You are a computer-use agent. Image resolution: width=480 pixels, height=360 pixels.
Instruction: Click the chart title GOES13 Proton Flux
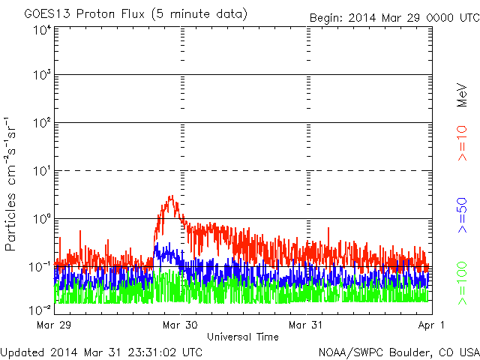coord(84,14)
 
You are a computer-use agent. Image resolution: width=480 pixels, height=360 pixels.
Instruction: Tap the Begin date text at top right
coord(394,18)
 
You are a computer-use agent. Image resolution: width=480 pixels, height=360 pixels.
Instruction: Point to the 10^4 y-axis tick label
coord(42,31)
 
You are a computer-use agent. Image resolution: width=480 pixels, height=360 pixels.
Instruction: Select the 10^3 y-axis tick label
coord(42,75)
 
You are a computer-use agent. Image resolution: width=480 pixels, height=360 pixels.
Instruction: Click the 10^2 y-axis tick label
coord(42,123)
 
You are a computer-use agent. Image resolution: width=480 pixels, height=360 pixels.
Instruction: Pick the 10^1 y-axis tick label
coord(42,171)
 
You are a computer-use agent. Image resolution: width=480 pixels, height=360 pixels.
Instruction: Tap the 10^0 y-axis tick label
coord(42,219)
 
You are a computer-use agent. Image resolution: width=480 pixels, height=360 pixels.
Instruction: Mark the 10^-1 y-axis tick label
coord(40,267)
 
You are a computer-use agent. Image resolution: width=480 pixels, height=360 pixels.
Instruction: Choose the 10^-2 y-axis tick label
coord(40,310)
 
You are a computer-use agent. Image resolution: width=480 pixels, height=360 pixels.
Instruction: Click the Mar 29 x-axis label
coord(54,325)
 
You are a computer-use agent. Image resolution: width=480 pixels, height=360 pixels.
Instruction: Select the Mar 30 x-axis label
coord(180,325)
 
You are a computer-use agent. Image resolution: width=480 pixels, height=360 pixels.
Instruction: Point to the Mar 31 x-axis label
coord(305,325)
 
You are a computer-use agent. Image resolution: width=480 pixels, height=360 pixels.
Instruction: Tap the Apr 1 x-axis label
coord(431,325)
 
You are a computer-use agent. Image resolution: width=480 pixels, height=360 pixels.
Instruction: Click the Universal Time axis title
coord(243,337)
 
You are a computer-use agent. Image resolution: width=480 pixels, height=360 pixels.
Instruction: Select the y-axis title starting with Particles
coord(10,184)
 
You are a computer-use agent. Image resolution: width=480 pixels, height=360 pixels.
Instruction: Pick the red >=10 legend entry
coord(462,143)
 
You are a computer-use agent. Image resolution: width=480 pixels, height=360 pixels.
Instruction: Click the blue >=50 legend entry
coord(462,215)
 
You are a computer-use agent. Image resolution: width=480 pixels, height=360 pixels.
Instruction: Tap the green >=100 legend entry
coord(462,283)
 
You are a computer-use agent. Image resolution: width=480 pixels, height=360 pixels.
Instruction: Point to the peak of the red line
coord(172,196)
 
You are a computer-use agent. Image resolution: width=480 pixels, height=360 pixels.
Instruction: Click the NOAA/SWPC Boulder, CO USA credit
coord(399,352)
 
